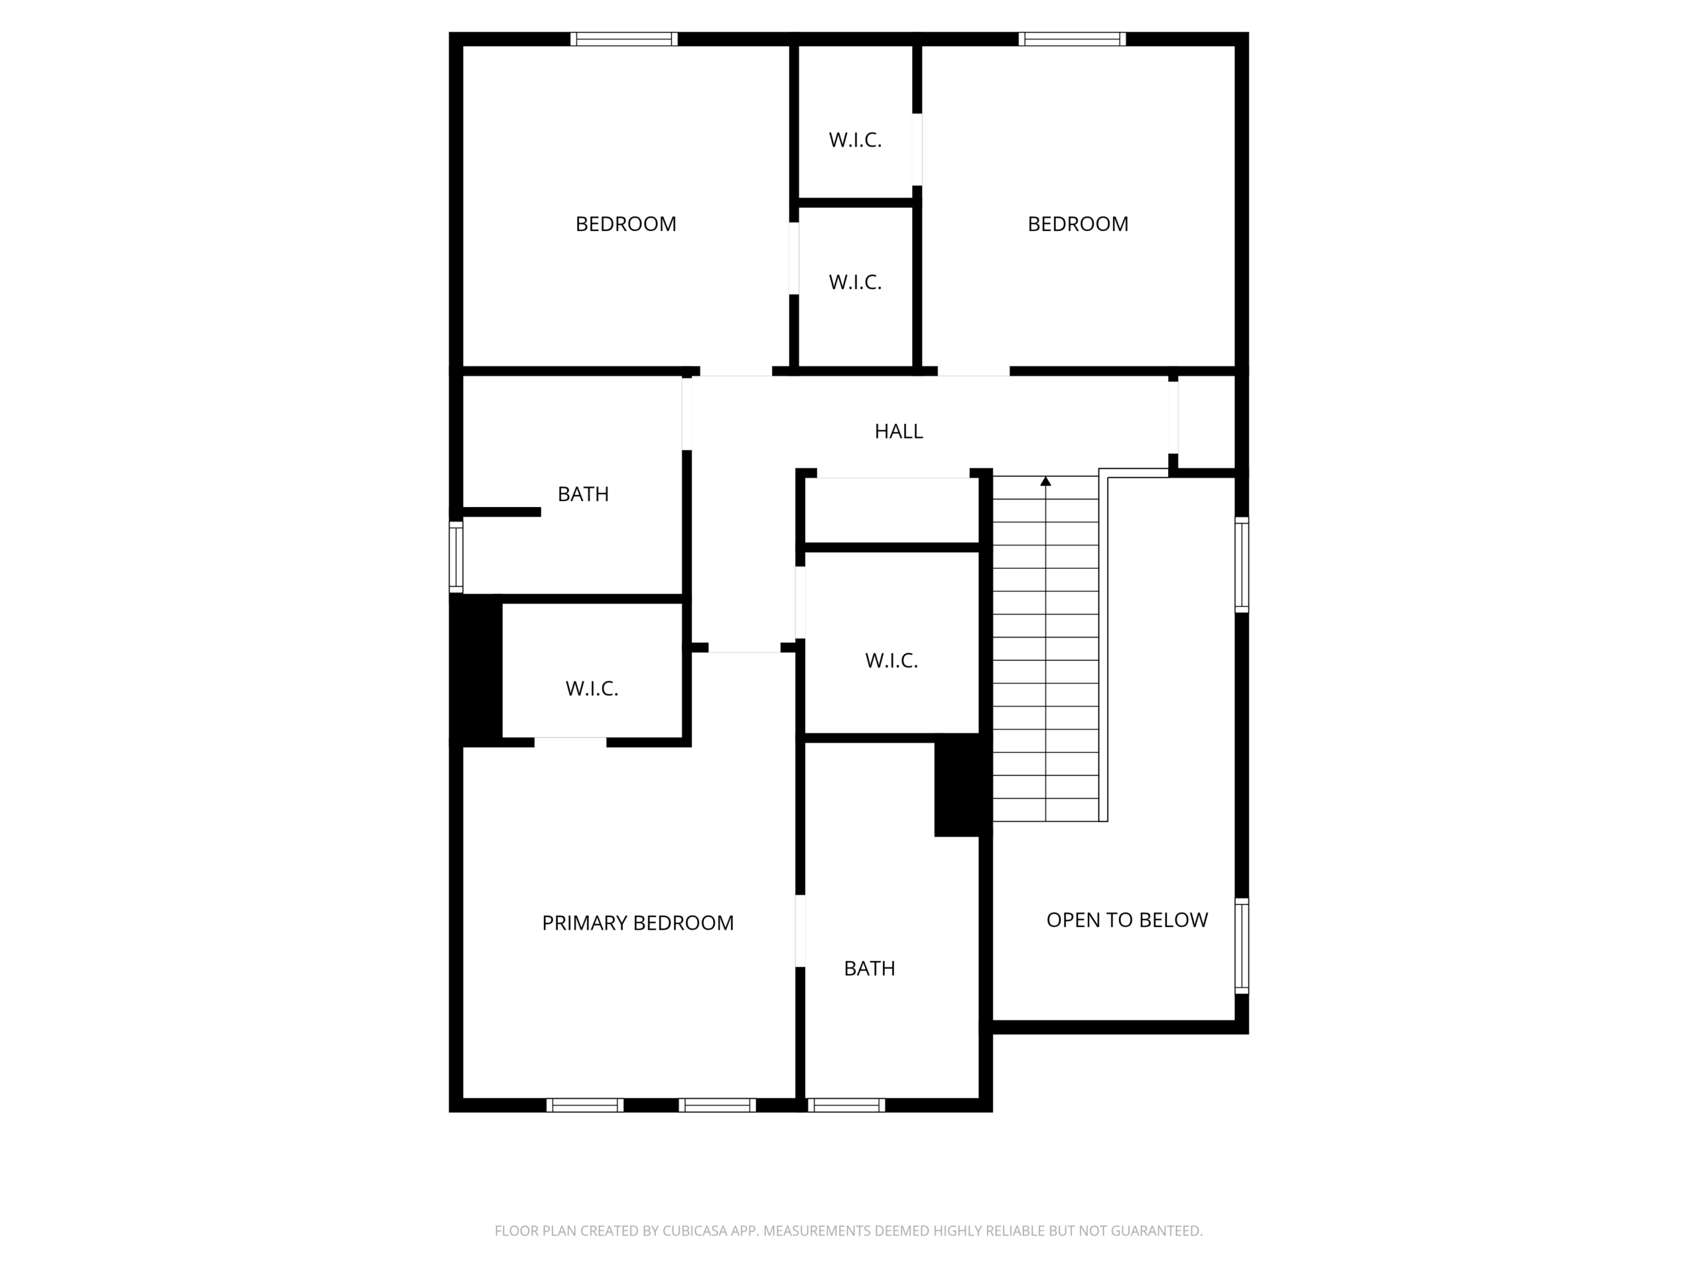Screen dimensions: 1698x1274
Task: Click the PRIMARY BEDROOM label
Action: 637,922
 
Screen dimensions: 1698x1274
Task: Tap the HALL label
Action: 898,431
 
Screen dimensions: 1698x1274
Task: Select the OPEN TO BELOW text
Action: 1127,920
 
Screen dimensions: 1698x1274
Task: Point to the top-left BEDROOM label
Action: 625,224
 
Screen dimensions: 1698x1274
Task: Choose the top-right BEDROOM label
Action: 1078,224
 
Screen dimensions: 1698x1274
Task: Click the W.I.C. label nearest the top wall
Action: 855,141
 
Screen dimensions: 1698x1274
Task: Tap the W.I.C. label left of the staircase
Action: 891,661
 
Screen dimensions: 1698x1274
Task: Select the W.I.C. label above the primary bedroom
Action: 592,689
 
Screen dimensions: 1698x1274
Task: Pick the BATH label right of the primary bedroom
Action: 869,969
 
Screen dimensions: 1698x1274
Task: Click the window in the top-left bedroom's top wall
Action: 624,39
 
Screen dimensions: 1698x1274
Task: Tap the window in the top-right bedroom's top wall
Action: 1073,39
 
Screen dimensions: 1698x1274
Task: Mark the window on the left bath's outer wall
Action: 456,557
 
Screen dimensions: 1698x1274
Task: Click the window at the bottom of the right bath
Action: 846,1105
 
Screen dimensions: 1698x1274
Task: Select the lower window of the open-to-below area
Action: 1241,946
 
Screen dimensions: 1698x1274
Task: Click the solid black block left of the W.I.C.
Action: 476,670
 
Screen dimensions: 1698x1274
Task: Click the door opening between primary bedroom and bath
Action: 800,931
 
